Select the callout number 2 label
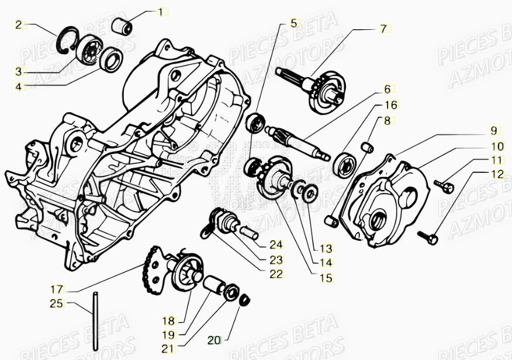19,25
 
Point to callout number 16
390,105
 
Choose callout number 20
215,339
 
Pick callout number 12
497,174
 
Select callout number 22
276,274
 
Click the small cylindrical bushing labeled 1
123,26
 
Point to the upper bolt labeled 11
445,186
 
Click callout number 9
493,130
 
